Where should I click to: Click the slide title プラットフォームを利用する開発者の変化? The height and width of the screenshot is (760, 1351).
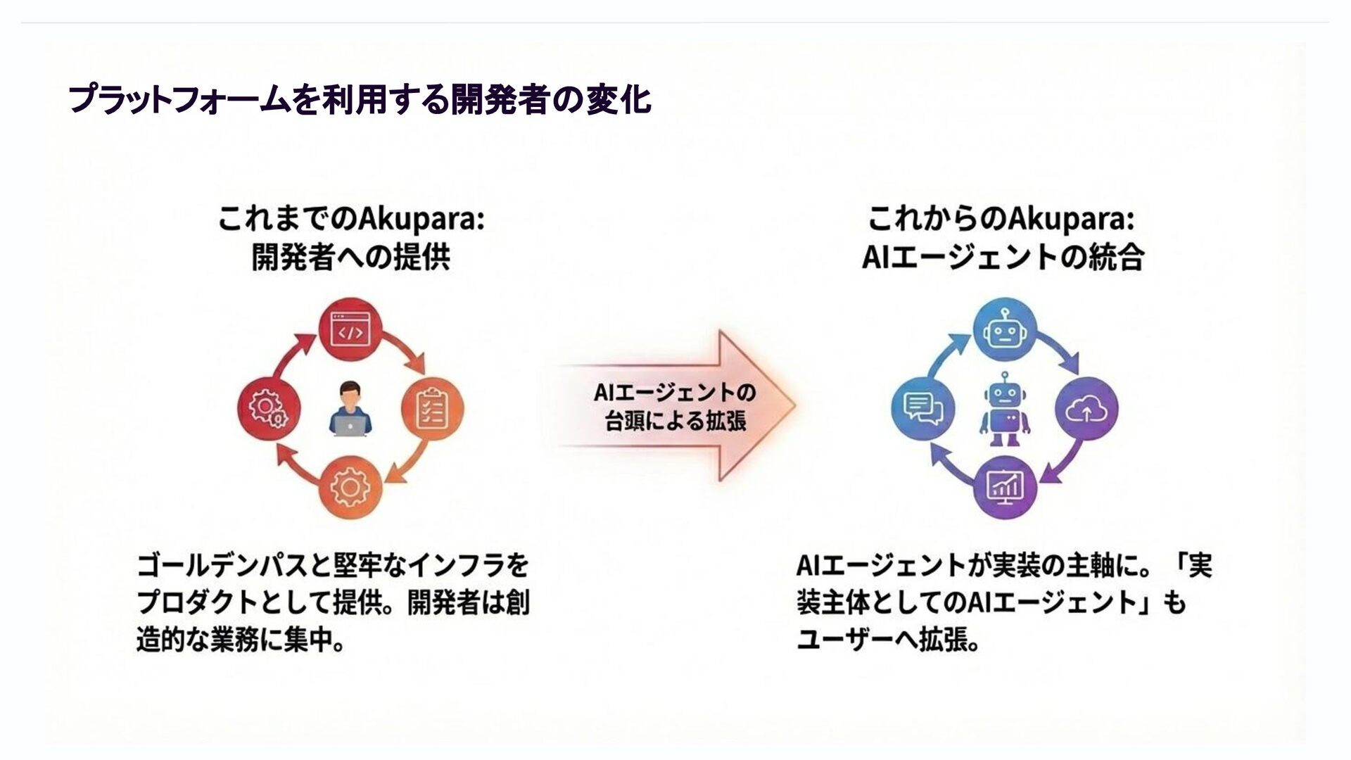point(360,99)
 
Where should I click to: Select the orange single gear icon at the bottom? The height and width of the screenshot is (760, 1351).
point(350,487)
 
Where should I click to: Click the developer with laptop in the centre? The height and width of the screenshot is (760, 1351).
point(350,410)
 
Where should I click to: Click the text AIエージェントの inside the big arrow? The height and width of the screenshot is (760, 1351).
point(674,393)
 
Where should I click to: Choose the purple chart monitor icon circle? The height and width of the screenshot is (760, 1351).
point(1004,486)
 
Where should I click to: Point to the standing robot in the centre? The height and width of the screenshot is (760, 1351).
point(1004,410)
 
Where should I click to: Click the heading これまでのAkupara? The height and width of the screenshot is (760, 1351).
point(350,220)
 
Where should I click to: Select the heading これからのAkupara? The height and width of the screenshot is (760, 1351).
point(1001,220)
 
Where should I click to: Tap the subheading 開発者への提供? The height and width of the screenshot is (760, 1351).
point(350,258)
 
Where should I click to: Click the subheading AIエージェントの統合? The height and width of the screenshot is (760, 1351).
point(1003,258)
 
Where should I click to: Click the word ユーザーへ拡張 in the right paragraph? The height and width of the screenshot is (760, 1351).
point(888,641)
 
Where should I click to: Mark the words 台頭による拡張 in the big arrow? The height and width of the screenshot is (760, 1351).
point(675,422)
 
